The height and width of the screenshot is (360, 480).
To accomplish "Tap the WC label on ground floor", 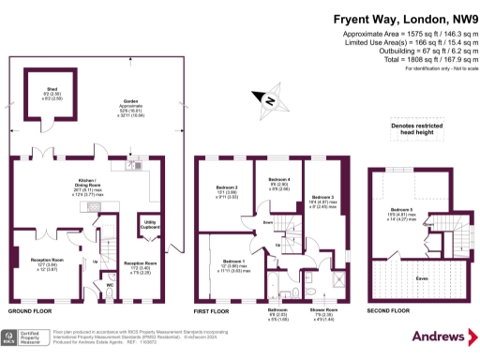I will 109,283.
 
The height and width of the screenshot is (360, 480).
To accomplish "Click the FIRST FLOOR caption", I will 214,308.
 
